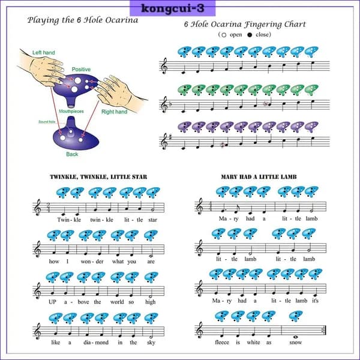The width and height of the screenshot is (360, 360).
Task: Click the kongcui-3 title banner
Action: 172,8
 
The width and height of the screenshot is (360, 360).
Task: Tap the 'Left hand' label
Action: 44,53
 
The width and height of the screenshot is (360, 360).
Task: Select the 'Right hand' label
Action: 115,112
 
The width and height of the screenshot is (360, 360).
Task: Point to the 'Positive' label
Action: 81,70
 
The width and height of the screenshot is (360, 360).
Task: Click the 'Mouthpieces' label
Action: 71,112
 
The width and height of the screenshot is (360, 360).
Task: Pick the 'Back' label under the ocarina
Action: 72,154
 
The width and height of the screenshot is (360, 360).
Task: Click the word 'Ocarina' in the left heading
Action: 121,20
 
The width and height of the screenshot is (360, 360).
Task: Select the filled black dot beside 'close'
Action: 250,35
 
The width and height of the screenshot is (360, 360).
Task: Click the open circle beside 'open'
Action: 224,35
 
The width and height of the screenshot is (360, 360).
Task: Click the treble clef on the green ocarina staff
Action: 164,104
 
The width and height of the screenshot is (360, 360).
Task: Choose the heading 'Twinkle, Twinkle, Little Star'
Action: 98,177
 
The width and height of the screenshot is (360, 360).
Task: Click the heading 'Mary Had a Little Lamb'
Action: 259,177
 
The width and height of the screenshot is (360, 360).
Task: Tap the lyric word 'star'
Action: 152,220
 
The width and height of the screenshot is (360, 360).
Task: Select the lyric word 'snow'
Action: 295,343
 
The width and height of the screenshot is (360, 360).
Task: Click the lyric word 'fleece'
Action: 222,342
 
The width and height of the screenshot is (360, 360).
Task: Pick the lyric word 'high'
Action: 151,302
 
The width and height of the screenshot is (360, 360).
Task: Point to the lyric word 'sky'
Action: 151,343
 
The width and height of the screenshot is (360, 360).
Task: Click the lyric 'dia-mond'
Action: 96,343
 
